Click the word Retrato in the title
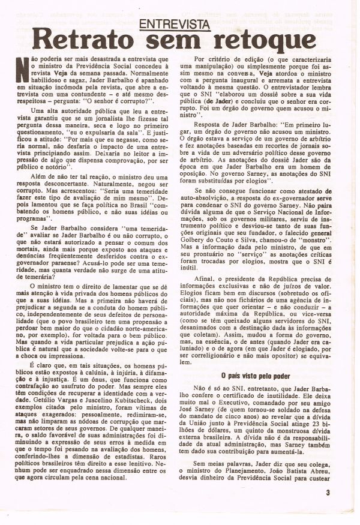(82, 41)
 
